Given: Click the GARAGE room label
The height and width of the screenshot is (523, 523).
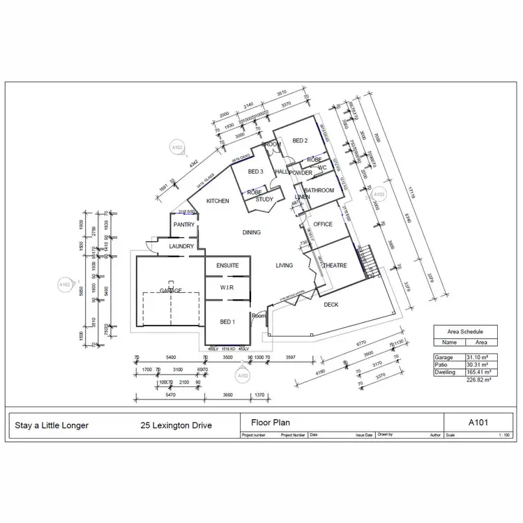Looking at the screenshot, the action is pos(170,291).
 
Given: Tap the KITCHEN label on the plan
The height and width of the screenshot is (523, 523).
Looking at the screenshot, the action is pos(218,201).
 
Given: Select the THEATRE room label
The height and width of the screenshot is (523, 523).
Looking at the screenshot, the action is pos(335,266).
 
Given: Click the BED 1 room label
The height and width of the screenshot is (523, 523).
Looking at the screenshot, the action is pos(227,322).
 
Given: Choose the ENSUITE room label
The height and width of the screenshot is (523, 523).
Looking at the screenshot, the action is pos(227,266).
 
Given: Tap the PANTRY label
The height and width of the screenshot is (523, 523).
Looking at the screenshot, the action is pos(184,225).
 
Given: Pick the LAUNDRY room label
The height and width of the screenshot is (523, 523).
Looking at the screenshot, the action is pos(181,246).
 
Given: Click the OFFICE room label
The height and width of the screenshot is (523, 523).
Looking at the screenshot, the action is pos(323,225).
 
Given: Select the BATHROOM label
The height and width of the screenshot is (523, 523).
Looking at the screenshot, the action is pos(319,190).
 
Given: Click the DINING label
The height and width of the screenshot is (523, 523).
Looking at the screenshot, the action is pos(251,232).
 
